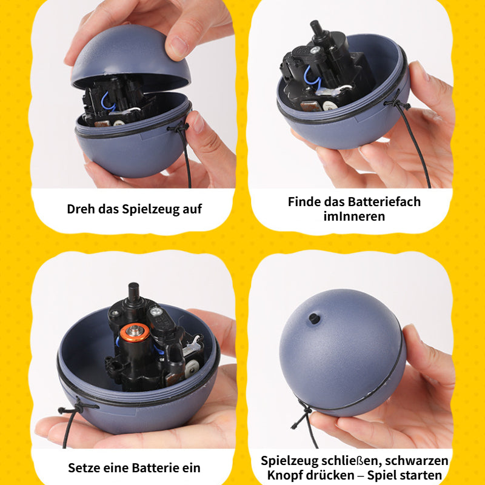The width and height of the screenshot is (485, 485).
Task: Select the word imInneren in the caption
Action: [354, 216]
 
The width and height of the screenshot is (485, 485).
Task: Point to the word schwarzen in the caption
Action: [419, 461]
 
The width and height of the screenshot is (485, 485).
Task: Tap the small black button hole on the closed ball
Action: [314, 318]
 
